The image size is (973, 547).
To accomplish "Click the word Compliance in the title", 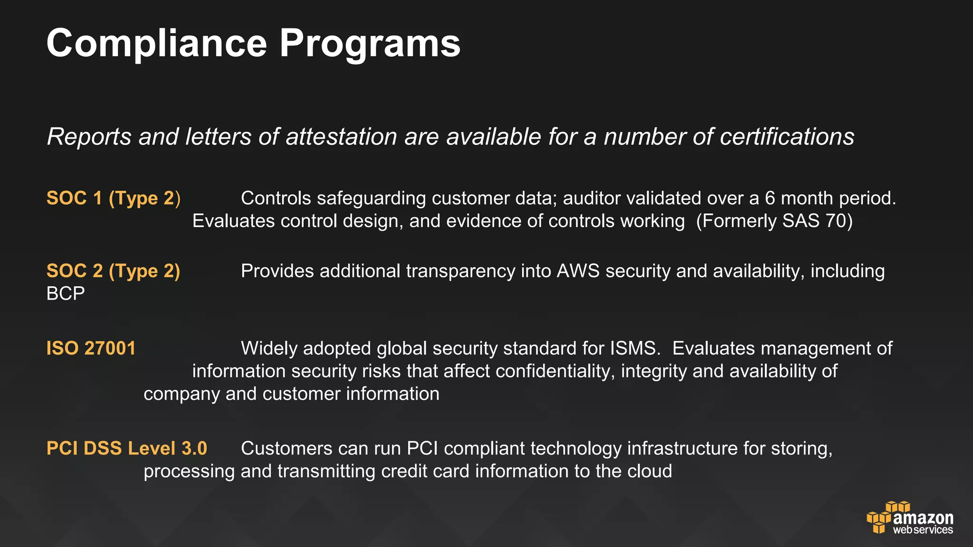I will pyautogui.click(x=157, y=44).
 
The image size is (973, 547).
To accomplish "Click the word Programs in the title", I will pyautogui.click(x=370, y=44).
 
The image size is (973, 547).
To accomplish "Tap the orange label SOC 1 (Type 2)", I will pyautogui.click(x=114, y=198).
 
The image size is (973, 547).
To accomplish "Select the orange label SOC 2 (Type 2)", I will pyautogui.click(x=114, y=271).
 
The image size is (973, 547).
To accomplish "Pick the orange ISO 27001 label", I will pyautogui.click(x=91, y=349).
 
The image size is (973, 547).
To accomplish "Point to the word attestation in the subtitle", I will pyautogui.click(x=341, y=137).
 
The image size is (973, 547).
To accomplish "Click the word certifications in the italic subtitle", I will pyautogui.click(x=787, y=137).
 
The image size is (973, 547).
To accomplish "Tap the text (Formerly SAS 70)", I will pyautogui.click(x=774, y=221).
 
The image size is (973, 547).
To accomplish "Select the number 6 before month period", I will pyautogui.click(x=770, y=198).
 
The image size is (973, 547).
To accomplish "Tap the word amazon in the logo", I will pyautogui.click(x=923, y=518).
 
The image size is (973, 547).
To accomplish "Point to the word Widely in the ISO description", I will pyautogui.click(x=269, y=349).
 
